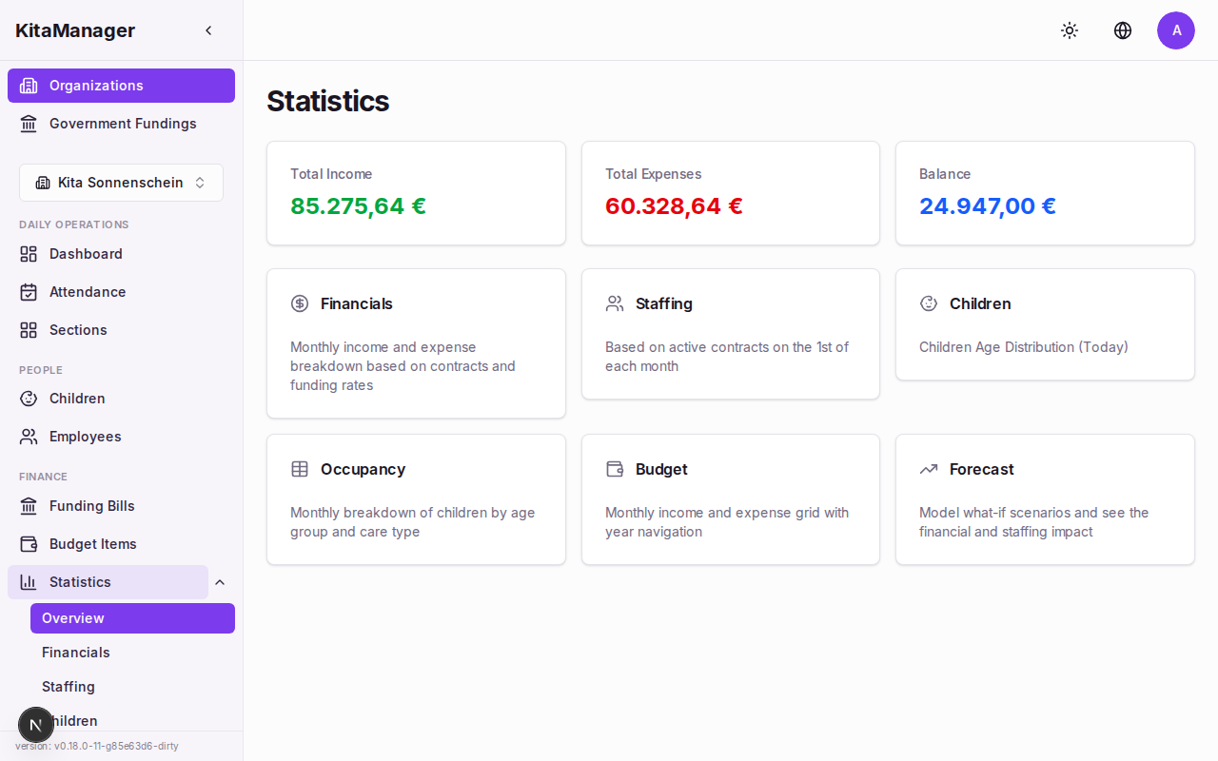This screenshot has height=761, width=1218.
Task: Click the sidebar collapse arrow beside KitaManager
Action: point(208,30)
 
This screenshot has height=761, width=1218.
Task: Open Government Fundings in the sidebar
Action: point(122,124)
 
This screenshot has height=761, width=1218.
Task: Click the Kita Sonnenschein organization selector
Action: point(121,183)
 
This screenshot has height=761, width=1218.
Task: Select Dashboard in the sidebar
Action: point(86,254)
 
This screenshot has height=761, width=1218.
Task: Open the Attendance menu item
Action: point(88,292)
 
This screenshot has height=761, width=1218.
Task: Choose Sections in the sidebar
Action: point(78,330)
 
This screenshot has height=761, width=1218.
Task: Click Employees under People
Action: point(85,437)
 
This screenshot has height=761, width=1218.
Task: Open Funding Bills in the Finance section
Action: point(91,506)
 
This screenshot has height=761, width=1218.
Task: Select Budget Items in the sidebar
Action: point(92,544)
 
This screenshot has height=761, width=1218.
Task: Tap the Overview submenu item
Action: point(73,618)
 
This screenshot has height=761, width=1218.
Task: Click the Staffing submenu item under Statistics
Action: point(69,687)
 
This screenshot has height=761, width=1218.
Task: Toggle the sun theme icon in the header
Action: point(1070,30)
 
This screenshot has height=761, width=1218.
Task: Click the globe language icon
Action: point(1123,30)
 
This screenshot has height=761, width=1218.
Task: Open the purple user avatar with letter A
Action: point(1176,30)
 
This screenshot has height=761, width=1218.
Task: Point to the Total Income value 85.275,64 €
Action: point(358,206)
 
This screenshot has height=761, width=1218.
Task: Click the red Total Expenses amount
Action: point(674,206)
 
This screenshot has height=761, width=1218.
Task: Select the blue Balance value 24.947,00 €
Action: point(988,206)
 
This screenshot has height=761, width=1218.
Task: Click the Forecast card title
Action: point(981,469)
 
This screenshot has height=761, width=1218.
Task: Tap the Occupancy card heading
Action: point(363,469)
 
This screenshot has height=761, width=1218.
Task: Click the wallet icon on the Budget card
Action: point(615,469)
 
